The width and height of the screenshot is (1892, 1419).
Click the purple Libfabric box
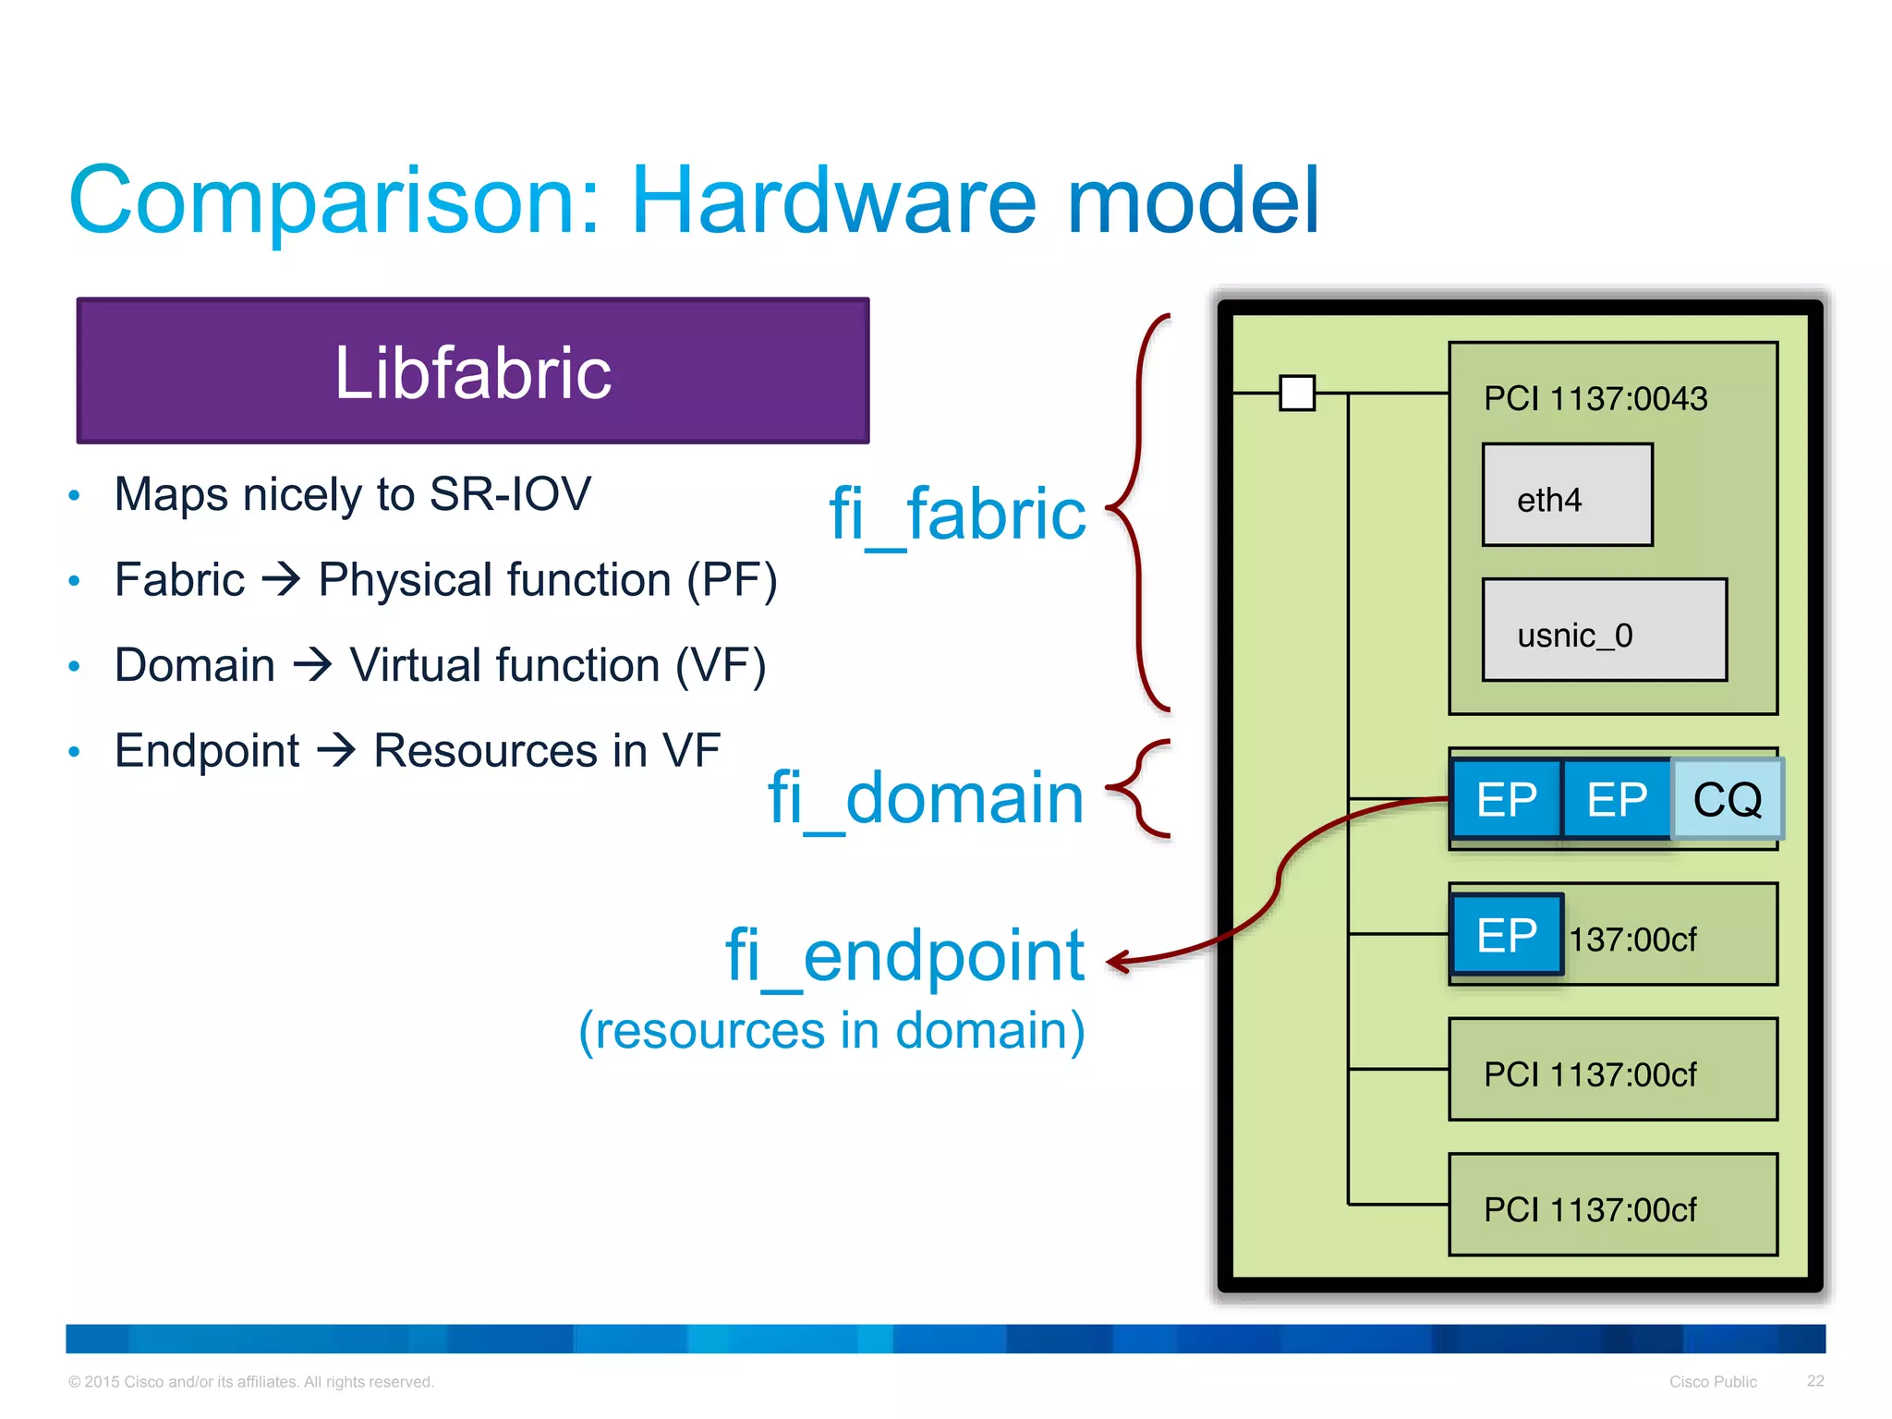tap(472, 370)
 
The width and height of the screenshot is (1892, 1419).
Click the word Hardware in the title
tap(833, 200)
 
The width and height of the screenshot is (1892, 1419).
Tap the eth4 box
tap(1567, 496)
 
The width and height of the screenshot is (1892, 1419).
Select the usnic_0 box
tap(1604, 631)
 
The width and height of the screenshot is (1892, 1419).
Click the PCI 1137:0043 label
tap(1595, 399)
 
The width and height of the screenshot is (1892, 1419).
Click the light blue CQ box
tap(1727, 799)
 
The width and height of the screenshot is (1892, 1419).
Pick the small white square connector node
tap(1297, 393)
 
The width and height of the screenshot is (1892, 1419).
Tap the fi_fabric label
tap(957, 514)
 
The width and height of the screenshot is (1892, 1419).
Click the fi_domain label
tap(926, 797)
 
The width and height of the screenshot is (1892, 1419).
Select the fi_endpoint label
tap(904, 955)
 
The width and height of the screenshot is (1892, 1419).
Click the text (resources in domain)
tap(831, 1030)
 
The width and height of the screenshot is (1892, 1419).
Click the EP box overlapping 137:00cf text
tap(1507, 935)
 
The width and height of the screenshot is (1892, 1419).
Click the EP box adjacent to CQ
tap(1617, 799)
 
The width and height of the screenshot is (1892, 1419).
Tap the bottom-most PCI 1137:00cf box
tap(1612, 1205)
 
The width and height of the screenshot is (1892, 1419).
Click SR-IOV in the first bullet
tap(510, 494)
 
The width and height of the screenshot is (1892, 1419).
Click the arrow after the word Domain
tap(312, 665)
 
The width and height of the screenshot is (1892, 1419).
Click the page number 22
tap(1815, 1380)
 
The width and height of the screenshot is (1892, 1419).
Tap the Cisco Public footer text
tap(1713, 1381)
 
